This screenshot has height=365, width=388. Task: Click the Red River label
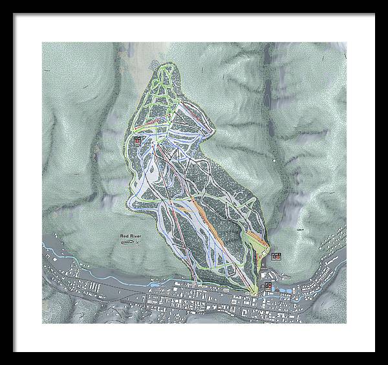[x=131, y=237]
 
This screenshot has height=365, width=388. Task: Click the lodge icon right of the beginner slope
[x=277, y=256]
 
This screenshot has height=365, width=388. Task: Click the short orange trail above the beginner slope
[x=259, y=240]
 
